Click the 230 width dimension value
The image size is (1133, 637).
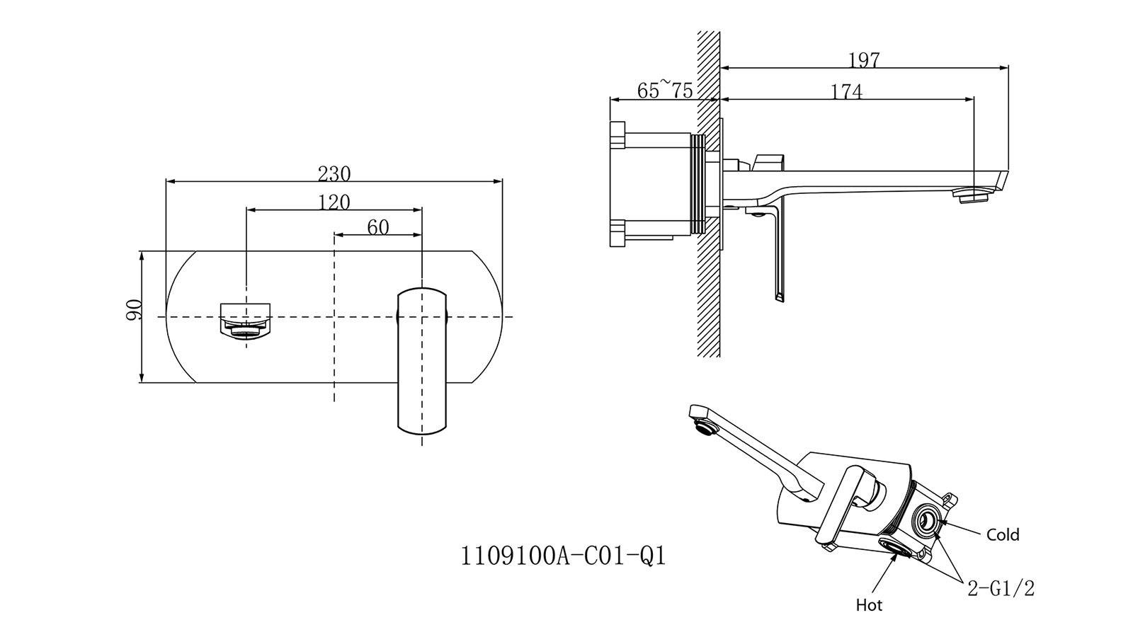click(334, 173)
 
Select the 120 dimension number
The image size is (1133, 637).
click(334, 202)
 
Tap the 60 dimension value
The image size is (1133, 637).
click(378, 227)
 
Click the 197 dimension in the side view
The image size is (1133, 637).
click(864, 60)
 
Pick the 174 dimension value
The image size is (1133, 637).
click(847, 91)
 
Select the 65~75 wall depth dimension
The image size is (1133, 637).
click(665, 91)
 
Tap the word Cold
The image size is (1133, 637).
click(1003, 535)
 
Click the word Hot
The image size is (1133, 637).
click(869, 605)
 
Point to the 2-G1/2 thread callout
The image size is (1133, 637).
click(1001, 588)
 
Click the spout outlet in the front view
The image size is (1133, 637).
click(246, 322)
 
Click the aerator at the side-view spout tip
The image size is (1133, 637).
click(972, 195)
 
